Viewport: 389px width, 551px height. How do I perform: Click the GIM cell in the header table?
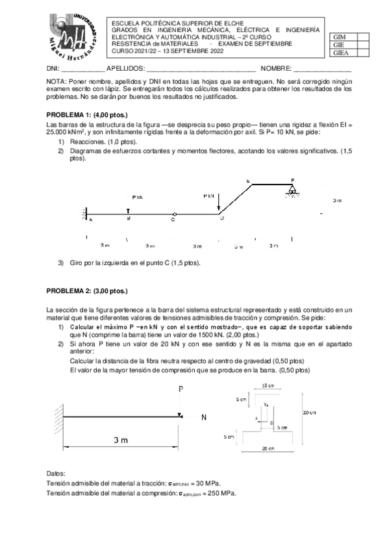pos(340,37)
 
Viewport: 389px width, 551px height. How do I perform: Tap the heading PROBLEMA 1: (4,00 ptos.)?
pos(85,115)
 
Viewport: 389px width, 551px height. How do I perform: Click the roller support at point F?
pos(293,189)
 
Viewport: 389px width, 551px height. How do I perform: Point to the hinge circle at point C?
pos(173,214)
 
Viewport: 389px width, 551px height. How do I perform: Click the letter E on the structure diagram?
pos(248,180)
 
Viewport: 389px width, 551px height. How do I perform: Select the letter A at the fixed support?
pos(90,220)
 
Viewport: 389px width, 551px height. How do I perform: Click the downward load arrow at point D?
pos(219,203)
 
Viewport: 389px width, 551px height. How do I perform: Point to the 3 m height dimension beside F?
pos(336,200)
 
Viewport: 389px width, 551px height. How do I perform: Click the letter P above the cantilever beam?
pos(181,389)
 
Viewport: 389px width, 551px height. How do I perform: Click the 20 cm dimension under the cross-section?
pos(266,448)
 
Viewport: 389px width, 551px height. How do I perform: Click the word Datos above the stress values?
pos(58,474)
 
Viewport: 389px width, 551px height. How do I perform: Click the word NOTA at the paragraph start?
pos(58,81)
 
